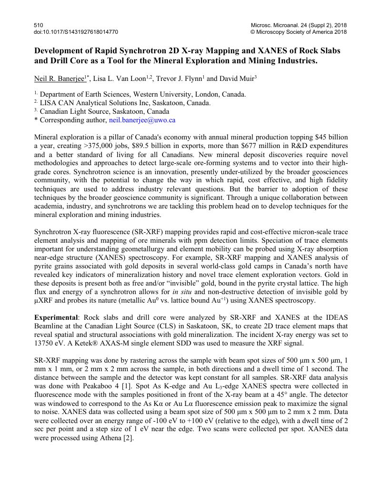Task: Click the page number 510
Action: point(39,25)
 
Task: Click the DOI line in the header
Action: point(76,32)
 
